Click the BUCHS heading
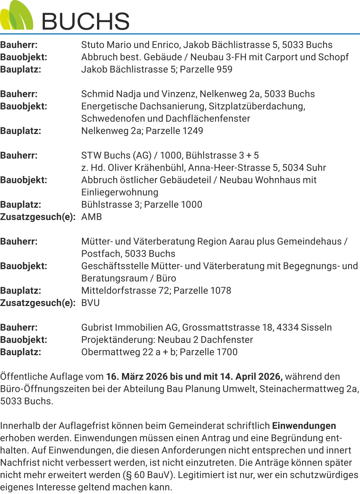[85, 21]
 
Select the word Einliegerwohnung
[120, 192]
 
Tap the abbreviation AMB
[91, 217]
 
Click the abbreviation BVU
[90, 303]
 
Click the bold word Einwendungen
[304, 426]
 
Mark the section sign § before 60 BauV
[129, 475]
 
